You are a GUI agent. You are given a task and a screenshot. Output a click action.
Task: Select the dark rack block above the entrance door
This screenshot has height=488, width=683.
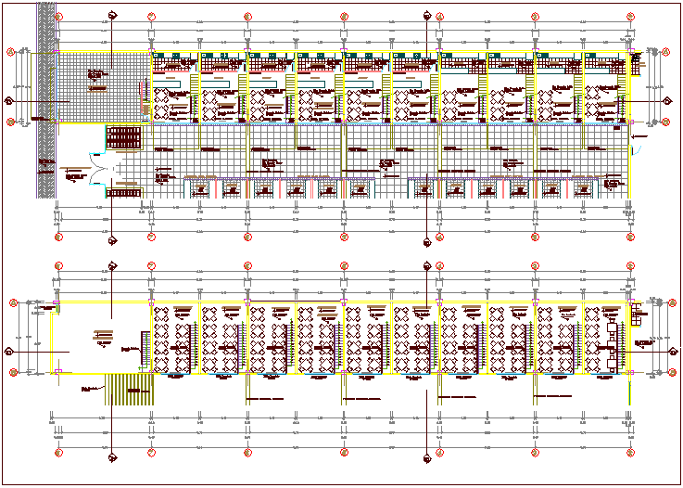point(123,137)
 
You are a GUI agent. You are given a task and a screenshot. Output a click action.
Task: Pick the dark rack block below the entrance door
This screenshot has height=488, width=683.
point(123,192)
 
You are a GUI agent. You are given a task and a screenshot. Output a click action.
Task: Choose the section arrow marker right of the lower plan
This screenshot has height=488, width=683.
point(669,350)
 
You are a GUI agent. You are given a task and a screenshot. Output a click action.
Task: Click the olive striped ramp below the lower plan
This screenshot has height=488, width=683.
point(128,386)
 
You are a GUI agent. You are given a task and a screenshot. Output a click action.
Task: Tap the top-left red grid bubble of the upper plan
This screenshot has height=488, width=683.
point(58,17)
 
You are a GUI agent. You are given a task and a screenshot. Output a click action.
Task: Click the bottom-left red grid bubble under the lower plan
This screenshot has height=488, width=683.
point(58,453)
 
